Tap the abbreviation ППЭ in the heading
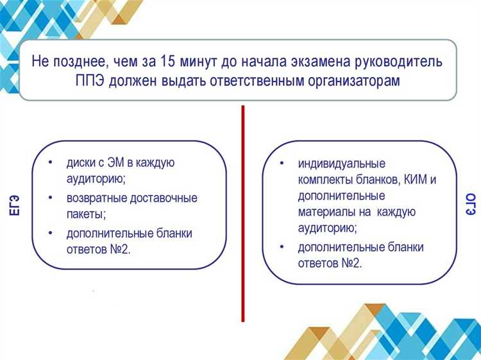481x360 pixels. coord(91,82)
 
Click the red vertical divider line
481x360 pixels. coord(243,212)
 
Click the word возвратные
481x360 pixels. coord(97,198)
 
